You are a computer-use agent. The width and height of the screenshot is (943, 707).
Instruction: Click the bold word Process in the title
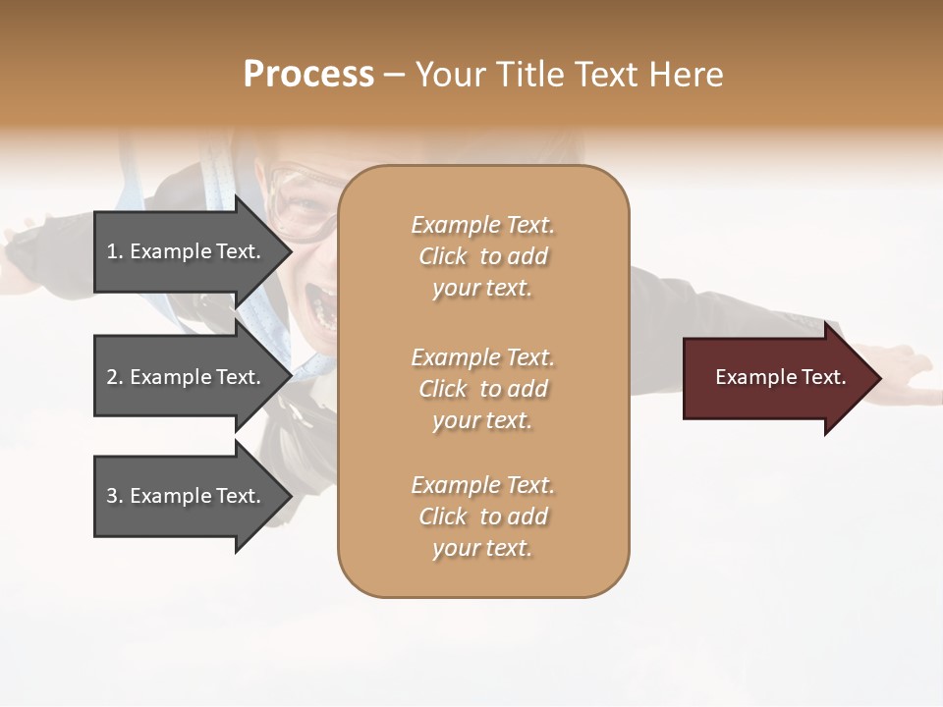[308, 75]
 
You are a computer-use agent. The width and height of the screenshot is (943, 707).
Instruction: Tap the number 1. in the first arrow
[115, 251]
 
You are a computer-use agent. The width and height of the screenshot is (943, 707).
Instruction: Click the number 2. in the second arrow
[115, 377]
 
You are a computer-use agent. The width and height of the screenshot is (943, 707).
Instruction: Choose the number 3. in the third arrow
[115, 496]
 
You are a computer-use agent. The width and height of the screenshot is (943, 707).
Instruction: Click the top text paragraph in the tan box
[482, 256]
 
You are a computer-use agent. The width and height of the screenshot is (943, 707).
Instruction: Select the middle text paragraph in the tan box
[482, 389]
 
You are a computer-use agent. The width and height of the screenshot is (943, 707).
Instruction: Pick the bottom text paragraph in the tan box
[482, 517]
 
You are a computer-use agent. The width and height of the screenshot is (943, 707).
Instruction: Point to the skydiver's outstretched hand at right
[904, 378]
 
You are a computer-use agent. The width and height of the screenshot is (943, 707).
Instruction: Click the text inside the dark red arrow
[780, 377]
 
